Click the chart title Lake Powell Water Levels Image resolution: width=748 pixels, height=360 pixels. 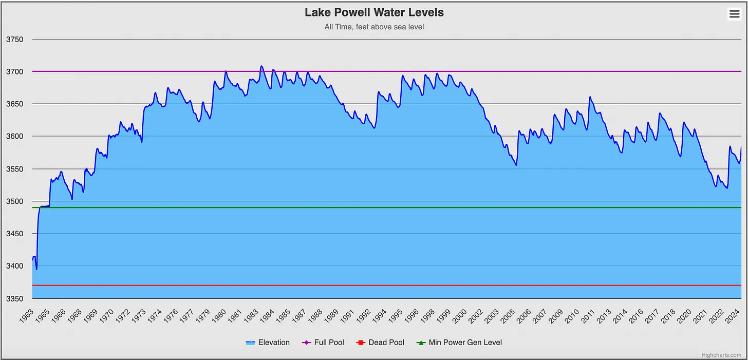[374, 12]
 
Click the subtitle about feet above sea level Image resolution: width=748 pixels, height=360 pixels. [374, 27]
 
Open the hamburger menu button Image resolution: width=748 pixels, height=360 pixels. [734, 14]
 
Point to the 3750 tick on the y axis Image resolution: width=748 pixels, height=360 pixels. [14, 40]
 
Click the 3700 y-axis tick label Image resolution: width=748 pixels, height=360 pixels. [14, 72]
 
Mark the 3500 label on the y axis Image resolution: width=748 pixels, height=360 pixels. [14, 201]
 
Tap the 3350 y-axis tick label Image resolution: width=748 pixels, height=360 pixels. [14, 299]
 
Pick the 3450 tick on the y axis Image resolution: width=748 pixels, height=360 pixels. [14, 234]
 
